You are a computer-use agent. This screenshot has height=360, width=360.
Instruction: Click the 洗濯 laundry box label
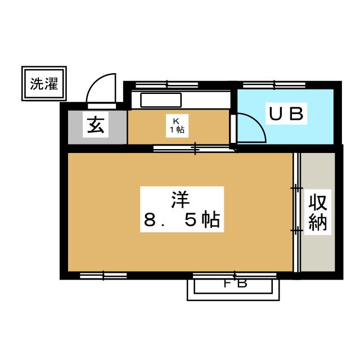click(x=44, y=84)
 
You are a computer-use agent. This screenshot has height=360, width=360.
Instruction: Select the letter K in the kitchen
click(x=175, y=120)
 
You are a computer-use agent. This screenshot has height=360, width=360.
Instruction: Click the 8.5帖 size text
click(x=181, y=220)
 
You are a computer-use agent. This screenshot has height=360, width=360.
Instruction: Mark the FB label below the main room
click(x=235, y=283)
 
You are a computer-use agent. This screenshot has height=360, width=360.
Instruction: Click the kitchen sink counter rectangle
click(x=161, y=101)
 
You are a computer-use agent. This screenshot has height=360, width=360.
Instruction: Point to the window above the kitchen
click(x=166, y=85)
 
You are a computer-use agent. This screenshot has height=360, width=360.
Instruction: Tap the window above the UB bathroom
click(x=274, y=85)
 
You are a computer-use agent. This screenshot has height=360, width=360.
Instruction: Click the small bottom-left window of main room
click(x=103, y=276)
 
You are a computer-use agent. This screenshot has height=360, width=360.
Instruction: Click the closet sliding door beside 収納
click(x=296, y=211)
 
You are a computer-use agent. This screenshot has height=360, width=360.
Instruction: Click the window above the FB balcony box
click(x=235, y=276)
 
